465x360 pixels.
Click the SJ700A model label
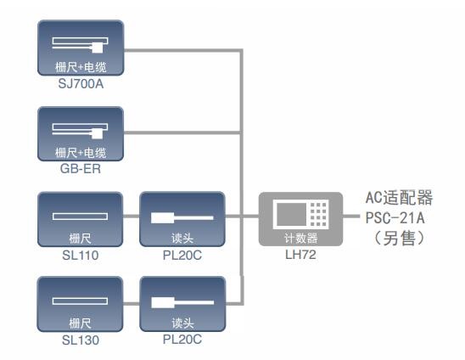pyautogui.click(x=81, y=84)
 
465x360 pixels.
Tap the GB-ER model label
pyautogui.click(x=81, y=169)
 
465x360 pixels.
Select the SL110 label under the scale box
pyautogui.click(x=81, y=256)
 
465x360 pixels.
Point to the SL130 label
pyautogui.click(x=81, y=340)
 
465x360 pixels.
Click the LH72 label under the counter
pyautogui.click(x=300, y=255)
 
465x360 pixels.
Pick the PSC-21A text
pyautogui.click(x=395, y=218)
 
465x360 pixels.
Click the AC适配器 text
pyautogui.click(x=399, y=198)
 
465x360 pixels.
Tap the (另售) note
pyautogui.click(x=399, y=239)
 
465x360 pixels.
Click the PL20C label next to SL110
pyautogui.click(x=182, y=256)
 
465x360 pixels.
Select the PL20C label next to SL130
pyautogui.click(x=182, y=340)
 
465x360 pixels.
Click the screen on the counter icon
pyautogui.click(x=291, y=214)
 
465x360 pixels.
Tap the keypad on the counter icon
pyautogui.click(x=318, y=214)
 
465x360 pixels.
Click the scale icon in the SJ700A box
pyautogui.click(x=80, y=45)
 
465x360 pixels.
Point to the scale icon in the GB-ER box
pyautogui.click(x=80, y=131)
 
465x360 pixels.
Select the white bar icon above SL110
pyautogui.click(x=80, y=216)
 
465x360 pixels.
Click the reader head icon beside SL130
pyautogui.click(x=182, y=302)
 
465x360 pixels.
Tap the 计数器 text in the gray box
pyautogui.click(x=300, y=238)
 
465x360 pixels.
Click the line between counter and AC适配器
pyautogui.click(x=351, y=216)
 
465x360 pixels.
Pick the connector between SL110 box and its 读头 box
pyautogui.click(x=131, y=216)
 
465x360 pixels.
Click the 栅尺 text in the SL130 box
pyautogui.click(x=80, y=323)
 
